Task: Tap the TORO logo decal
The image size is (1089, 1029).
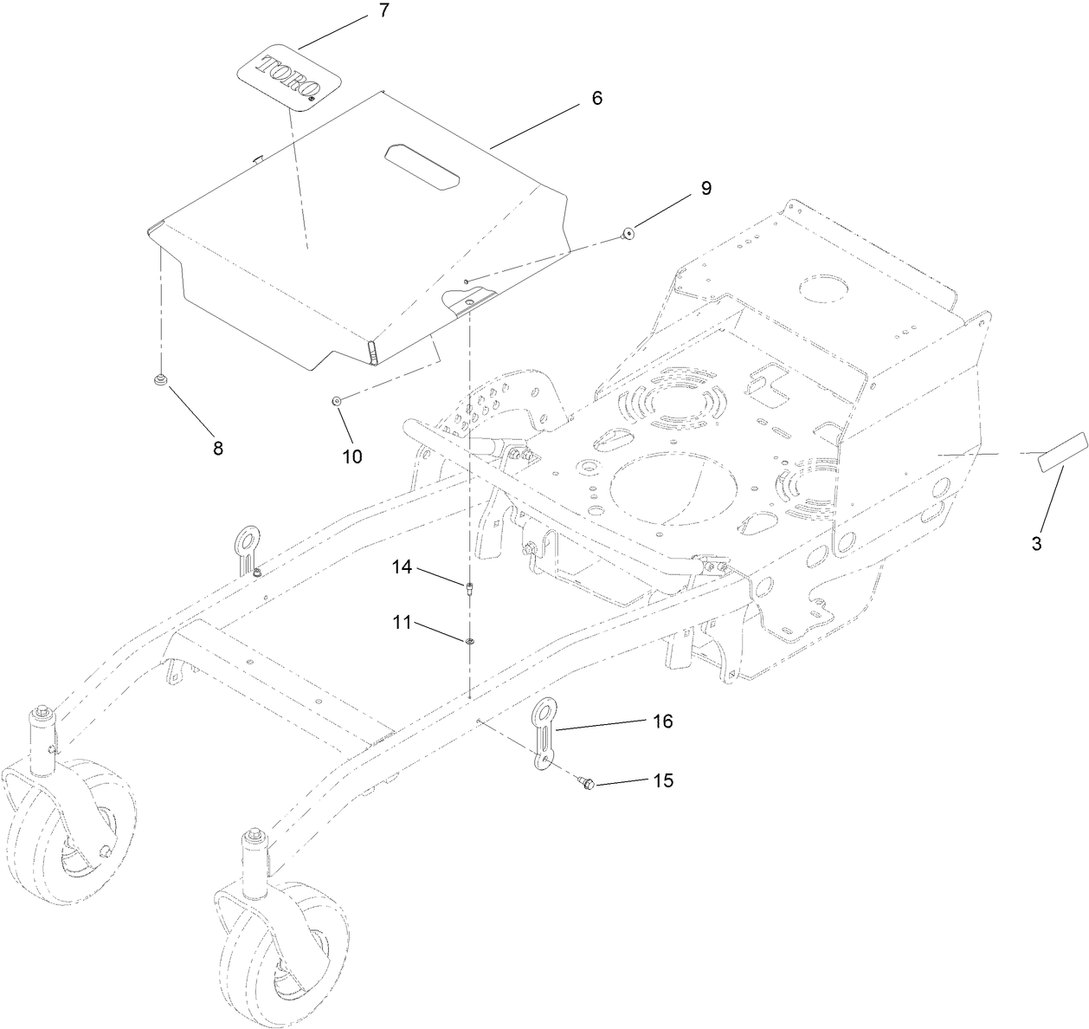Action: pyautogui.click(x=289, y=79)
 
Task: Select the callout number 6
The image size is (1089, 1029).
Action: pyautogui.click(x=596, y=98)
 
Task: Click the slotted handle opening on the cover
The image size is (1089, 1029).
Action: pyautogui.click(x=420, y=166)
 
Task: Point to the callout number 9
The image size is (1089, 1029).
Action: pyautogui.click(x=706, y=188)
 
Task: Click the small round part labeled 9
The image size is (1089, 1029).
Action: pyautogui.click(x=627, y=233)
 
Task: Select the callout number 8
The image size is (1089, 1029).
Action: pyautogui.click(x=217, y=448)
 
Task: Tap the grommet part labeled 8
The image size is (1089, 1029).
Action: pyautogui.click(x=160, y=379)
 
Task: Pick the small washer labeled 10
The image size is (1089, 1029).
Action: pyautogui.click(x=336, y=400)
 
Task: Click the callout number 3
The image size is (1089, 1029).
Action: pyautogui.click(x=1035, y=544)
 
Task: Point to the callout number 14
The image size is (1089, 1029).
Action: pyautogui.click(x=401, y=567)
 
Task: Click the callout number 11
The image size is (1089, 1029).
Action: pyautogui.click(x=401, y=623)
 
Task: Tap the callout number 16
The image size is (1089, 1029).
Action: pyautogui.click(x=662, y=722)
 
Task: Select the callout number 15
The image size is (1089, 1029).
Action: pyautogui.click(x=662, y=780)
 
